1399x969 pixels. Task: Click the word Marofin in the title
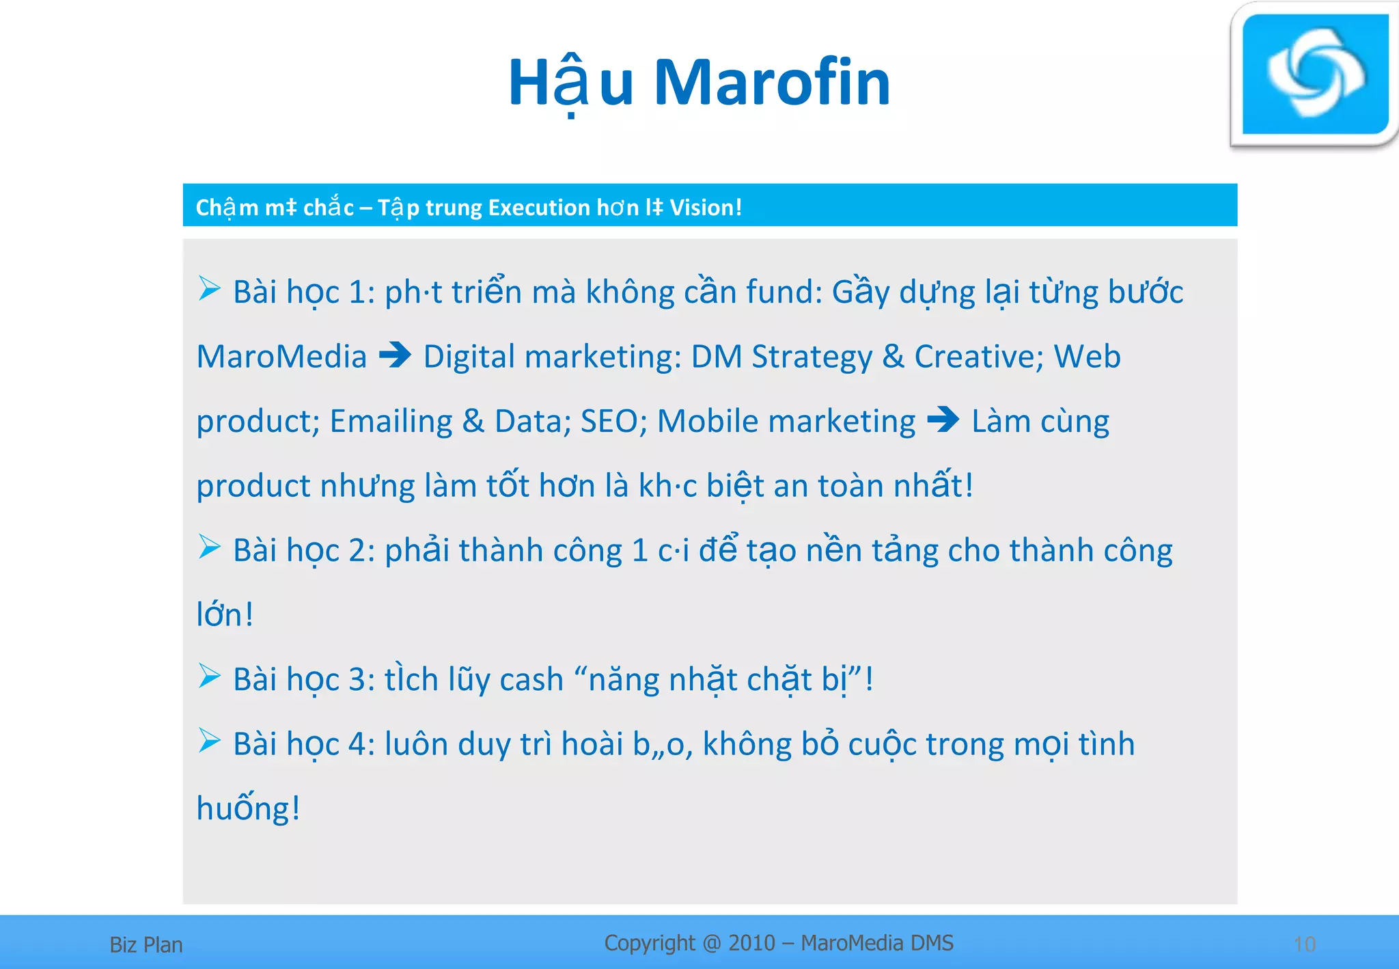(x=772, y=83)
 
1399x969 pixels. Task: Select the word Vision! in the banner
(x=706, y=207)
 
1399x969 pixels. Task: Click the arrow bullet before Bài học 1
(x=209, y=288)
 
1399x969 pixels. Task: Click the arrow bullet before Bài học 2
(x=209, y=547)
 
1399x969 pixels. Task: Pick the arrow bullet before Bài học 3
(x=209, y=676)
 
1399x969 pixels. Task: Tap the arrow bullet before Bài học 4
(x=209, y=740)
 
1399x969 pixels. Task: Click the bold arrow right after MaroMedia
(x=395, y=355)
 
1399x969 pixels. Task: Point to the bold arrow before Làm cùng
(x=943, y=420)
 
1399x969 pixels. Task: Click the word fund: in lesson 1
(x=784, y=292)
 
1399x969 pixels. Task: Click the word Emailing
(x=391, y=422)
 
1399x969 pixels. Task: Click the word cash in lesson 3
(x=531, y=680)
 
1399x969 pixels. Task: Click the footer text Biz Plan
(x=146, y=945)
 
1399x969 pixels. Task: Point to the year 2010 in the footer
(x=751, y=943)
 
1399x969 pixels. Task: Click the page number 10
(x=1305, y=944)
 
